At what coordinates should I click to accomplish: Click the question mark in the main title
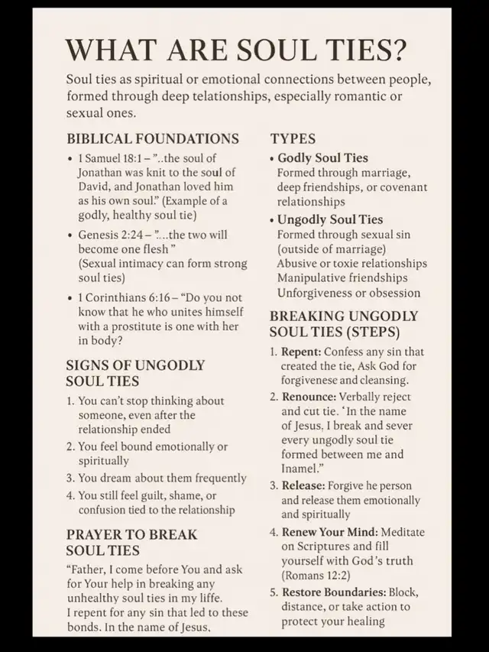point(397,50)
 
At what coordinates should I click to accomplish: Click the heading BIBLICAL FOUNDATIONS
point(153,139)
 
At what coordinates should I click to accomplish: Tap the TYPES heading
point(293,139)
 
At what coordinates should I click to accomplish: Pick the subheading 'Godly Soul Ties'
point(322,158)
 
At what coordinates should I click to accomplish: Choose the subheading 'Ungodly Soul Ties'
point(330,219)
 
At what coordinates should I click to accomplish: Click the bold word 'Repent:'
point(301,352)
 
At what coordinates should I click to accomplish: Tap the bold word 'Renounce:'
point(309,397)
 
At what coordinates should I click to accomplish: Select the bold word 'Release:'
point(303,485)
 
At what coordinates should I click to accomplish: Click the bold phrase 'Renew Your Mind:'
point(331,531)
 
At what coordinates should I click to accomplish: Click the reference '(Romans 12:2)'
point(316,575)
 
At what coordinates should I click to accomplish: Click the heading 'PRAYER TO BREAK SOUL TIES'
point(131,542)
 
